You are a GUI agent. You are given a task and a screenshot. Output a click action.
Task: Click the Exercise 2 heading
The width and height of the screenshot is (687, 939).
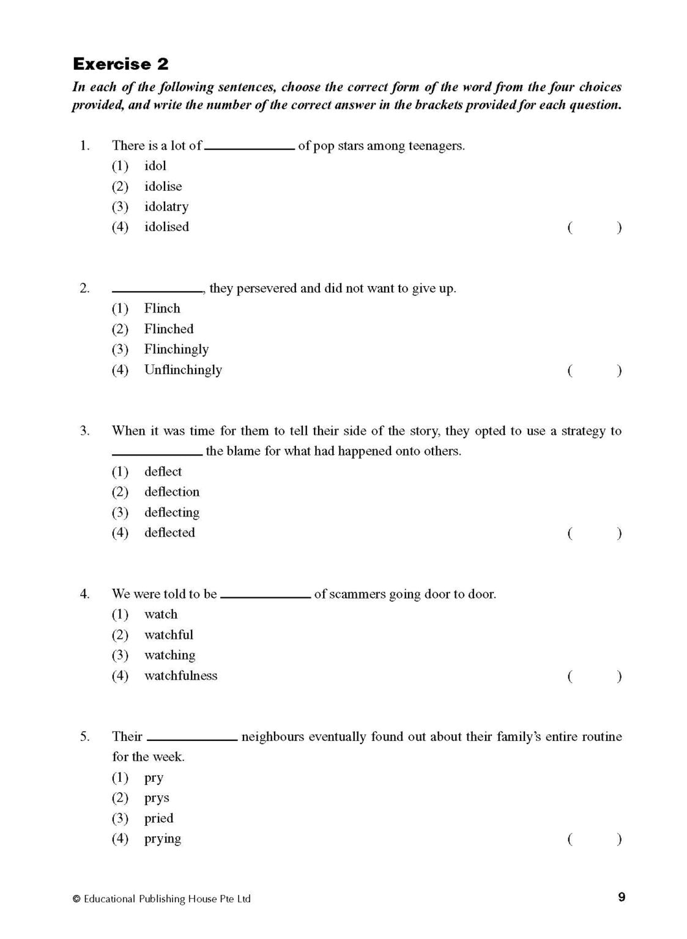(x=121, y=64)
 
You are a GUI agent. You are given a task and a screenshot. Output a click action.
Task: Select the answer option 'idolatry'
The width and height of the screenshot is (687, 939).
(x=166, y=207)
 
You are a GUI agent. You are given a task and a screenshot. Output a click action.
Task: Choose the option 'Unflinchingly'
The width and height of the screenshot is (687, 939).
(x=183, y=370)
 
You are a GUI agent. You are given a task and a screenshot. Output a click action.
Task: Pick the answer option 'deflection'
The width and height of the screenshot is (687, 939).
(x=172, y=492)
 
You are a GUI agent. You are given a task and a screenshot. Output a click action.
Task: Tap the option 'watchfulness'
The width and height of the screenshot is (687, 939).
(x=180, y=676)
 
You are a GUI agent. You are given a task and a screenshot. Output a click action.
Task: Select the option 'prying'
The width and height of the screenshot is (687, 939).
(x=163, y=839)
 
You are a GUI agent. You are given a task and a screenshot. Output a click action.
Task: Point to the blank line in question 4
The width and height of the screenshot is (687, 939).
(x=266, y=597)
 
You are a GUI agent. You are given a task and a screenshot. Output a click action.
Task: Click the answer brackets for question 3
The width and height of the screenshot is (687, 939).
(x=594, y=533)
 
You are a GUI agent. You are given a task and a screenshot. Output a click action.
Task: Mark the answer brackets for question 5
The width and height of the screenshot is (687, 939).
(x=594, y=839)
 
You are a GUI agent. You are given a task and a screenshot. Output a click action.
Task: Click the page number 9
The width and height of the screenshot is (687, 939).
(x=622, y=897)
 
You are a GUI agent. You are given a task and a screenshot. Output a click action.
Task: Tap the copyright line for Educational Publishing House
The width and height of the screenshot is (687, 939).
(x=162, y=899)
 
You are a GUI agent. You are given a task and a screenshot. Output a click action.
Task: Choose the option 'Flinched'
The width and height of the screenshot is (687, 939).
(x=169, y=329)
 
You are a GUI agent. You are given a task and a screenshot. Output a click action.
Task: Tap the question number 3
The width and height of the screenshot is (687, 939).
(x=84, y=431)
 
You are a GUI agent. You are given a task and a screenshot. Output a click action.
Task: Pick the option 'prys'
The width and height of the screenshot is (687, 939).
(x=157, y=798)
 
